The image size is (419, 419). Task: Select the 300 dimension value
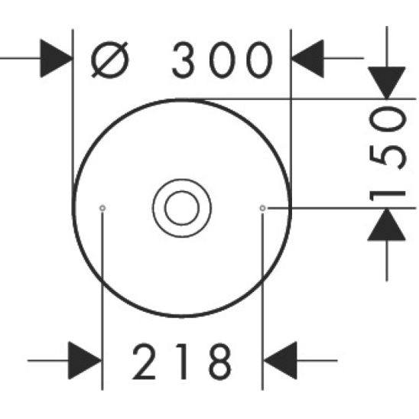tap(222, 61)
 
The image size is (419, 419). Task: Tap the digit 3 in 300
tap(186, 61)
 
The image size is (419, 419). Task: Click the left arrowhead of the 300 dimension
tap(57, 60)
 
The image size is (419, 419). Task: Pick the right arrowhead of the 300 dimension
tap(307, 60)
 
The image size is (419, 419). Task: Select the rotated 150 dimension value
tap(387, 152)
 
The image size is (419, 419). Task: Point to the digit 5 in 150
tap(387, 153)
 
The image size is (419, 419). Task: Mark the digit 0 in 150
tap(387, 119)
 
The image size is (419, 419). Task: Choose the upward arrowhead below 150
tap(387, 225)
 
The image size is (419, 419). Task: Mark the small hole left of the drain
tap(102, 207)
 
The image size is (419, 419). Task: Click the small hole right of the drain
tap(262, 207)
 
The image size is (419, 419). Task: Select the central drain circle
tap(181, 206)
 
